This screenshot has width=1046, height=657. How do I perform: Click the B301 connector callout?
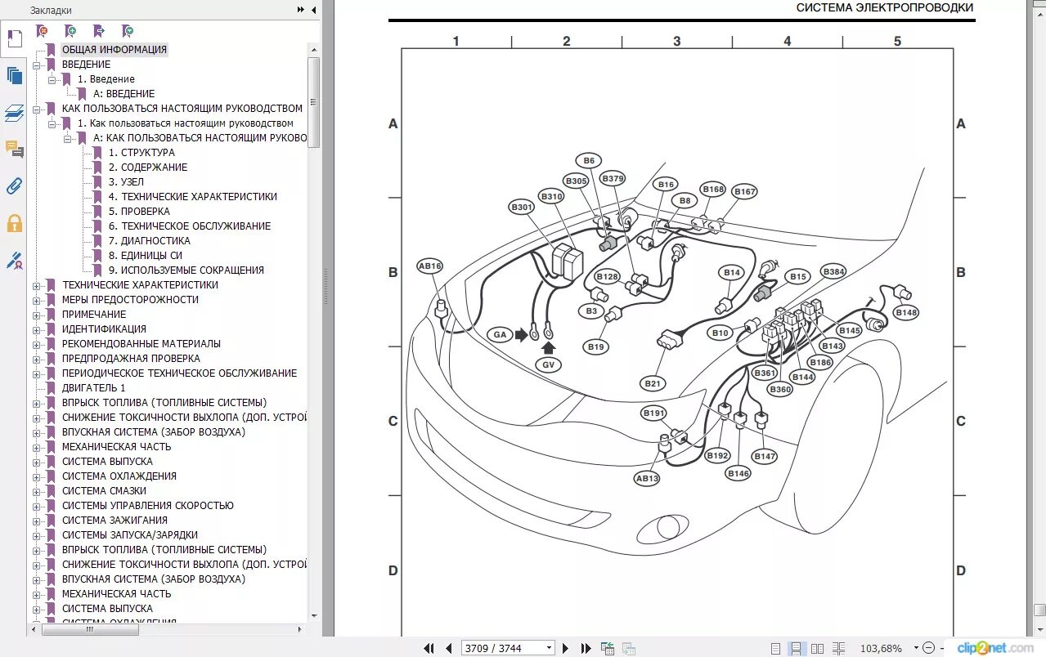click(x=521, y=208)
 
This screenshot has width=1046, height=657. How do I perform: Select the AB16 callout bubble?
click(x=429, y=266)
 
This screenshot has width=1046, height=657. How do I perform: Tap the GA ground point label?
click(x=500, y=334)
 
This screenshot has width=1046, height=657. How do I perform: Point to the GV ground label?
click(x=548, y=365)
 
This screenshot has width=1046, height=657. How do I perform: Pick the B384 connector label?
click(x=833, y=271)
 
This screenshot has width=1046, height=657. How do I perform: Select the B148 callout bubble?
click(x=906, y=313)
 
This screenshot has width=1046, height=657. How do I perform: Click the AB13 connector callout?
click(x=647, y=479)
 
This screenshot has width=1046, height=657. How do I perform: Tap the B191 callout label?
click(x=653, y=413)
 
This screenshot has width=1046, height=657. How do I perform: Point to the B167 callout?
click(x=744, y=192)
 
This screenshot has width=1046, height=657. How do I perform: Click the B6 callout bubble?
click(x=588, y=161)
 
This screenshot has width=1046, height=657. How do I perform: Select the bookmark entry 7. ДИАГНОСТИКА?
click(x=155, y=241)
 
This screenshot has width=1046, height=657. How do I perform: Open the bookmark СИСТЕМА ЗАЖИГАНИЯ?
click(x=114, y=521)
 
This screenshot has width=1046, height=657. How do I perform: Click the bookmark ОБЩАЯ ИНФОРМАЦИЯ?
click(x=114, y=50)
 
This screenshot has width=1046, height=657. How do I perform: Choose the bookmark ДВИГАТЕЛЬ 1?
click(x=94, y=388)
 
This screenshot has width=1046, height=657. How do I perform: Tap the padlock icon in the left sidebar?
click(x=14, y=223)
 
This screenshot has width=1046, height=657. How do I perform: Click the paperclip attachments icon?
click(x=14, y=186)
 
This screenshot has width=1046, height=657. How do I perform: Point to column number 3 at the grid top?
click(x=676, y=42)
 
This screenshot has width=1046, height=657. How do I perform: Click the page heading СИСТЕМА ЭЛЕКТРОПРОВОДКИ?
click(x=884, y=8)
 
